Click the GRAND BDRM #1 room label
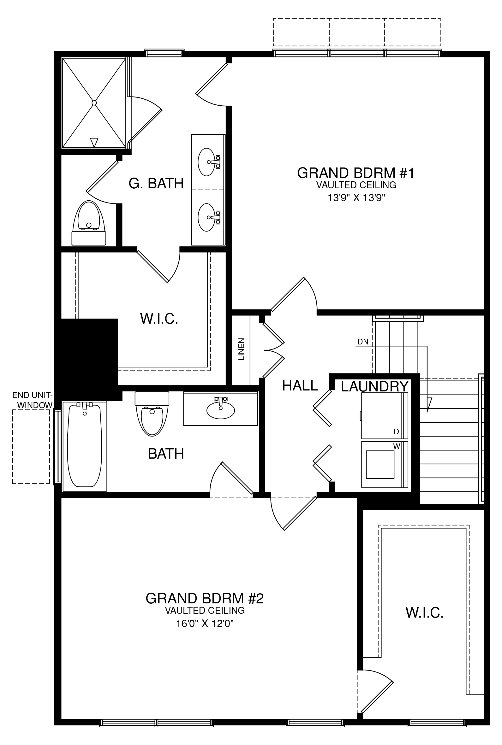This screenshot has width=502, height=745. click(x=356, y=173)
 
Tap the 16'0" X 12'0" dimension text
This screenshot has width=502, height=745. click(x=205, y=624)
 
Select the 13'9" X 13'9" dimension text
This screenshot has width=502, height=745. click(x=356, y=198)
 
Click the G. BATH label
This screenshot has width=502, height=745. click(x=156, y=184)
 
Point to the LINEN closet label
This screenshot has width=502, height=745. click(x=242, y=349)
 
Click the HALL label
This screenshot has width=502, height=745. click(x=300, y=386)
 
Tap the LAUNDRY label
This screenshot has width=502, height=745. click(x=374, y=386)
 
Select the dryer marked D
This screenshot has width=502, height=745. click(x=385, y=416)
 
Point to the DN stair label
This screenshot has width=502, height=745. click(x=363, y=342)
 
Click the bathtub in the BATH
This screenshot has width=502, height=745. click(x=85, y=446)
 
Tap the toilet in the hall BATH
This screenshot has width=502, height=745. click(x=152, y=414)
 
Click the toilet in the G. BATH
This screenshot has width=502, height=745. click(x=89, y=223)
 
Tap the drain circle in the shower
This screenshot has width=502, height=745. click(x=94, y=103)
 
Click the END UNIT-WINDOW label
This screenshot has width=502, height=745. click(x=32, y=400)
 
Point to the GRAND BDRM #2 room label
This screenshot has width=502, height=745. click(x=205, y=599)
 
